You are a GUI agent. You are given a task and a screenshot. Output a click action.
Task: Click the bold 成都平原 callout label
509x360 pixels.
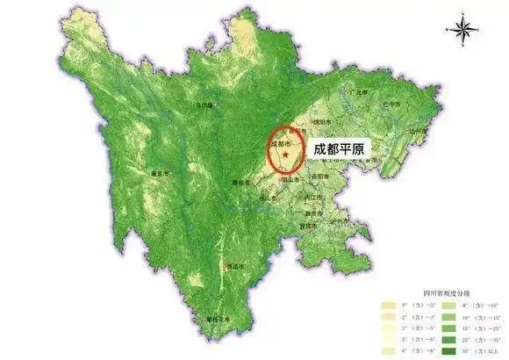click(341, 149)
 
